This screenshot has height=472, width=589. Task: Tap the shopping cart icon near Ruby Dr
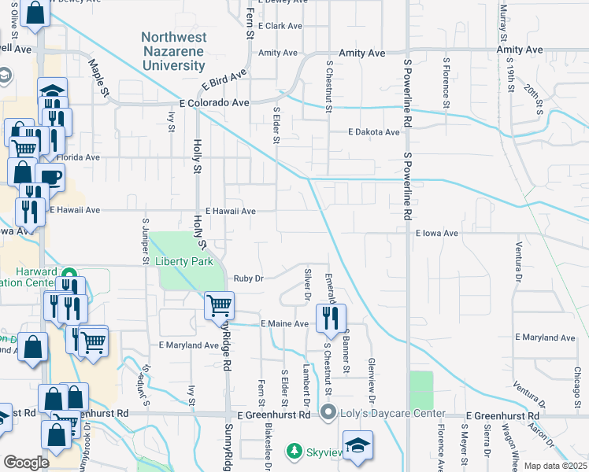point(219,305)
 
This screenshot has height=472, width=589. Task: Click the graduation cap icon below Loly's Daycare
point(357,445)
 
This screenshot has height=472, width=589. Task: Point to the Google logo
point(26,463)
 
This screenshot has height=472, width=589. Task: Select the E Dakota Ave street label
point(375,132)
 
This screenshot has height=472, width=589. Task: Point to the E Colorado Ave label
point(214,103)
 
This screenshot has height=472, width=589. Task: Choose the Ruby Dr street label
point(248,278)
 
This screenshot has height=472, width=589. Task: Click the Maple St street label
point(100,78)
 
